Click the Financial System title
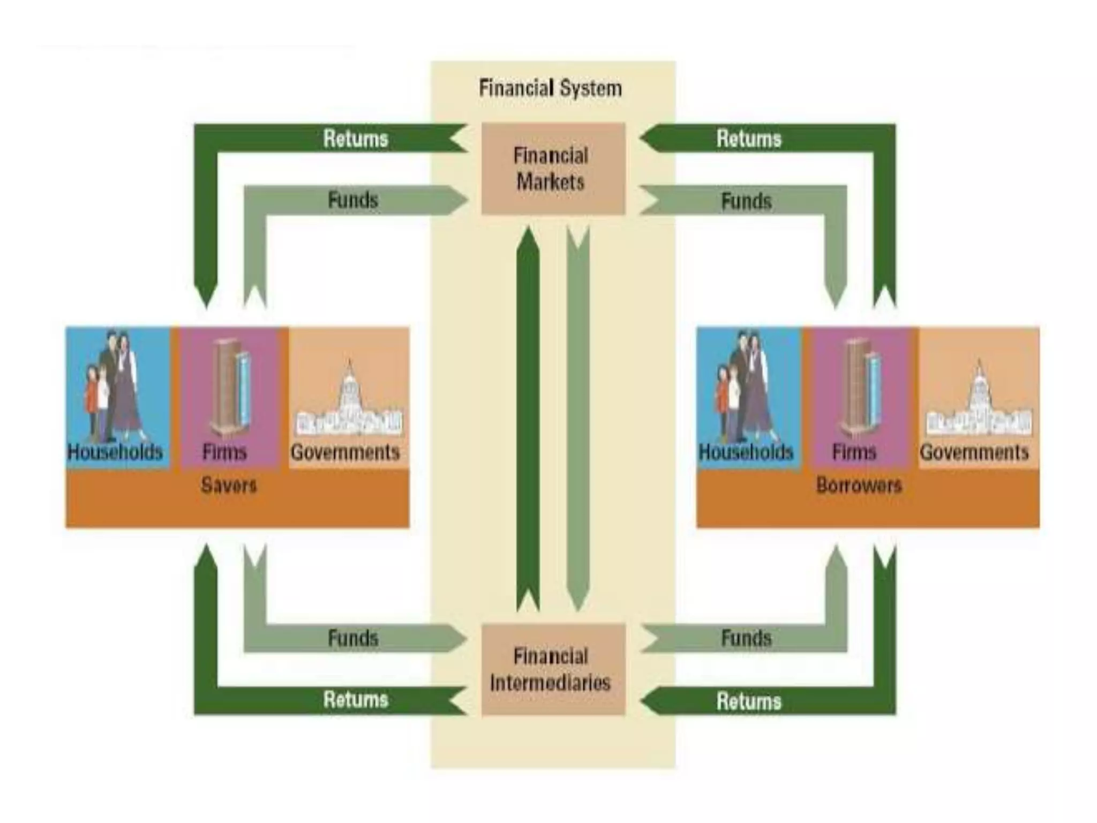pyautogui.click(x=550, y=88)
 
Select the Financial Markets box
pyautogui.click(x=553, y=169)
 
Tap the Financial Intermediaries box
pyautogui.click(x=553, y=670)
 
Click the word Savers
pyautogui.click(x=229, y=485)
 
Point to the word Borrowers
pyautogui.click(x=859, y=485)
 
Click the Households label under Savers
pyautogui.click(x=115, y=452)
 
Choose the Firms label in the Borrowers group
pyautogui.click(x=854, y=452)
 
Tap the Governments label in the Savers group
pyautogui.click(x=345, y=452)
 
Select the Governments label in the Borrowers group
pyautogui.click(x=974, y=452)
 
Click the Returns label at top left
pyautogui.click(x=356, y=139)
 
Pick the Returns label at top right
pyautogui.click(x=749, y=139)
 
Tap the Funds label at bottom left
pyautogui.click(x=353, y=638)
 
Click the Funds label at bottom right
pyautogui.click(x=746, y=638)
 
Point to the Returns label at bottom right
pyautogui.click(x=749, y=701)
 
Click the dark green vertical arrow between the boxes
pyautogui.click(x=528, y=418)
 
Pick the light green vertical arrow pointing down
pyautogui.click(x=578, y=418)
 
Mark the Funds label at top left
pyautogui.click(x=353, y=200)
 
